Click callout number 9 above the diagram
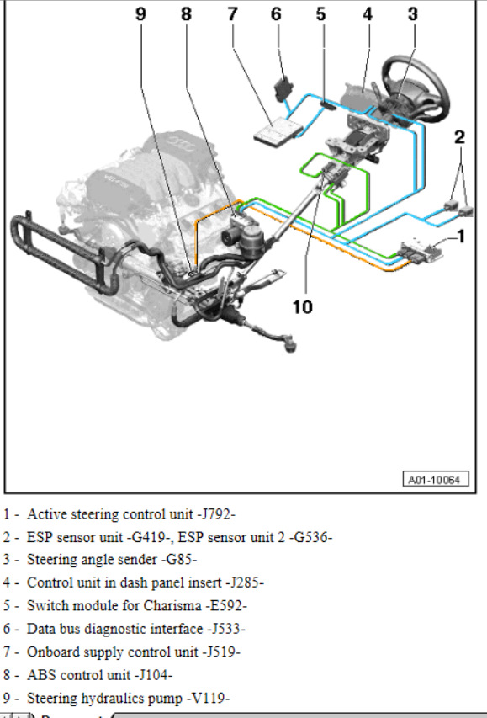[141, 14]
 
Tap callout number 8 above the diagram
[186, 14]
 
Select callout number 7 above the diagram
[232, 14]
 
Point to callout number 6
[276, 14]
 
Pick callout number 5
[320, 14]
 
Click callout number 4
[368, 14]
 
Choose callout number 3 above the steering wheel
[412, 14]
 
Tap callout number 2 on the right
[459, 137]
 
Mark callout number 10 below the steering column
[303, 306]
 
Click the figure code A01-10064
[436, 480]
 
